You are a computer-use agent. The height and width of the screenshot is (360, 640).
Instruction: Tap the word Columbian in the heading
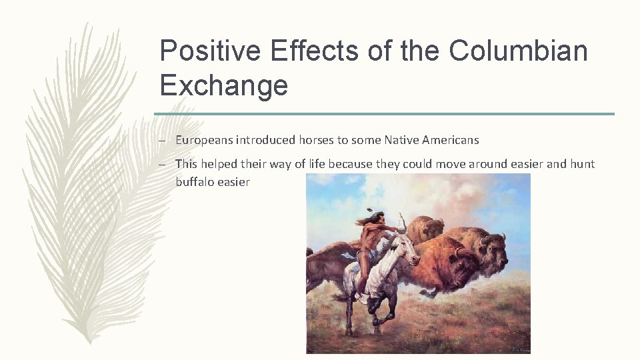point(518,51)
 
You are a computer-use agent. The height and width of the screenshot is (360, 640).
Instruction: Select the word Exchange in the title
point(224,86)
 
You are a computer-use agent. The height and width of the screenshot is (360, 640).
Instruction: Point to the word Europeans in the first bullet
point(204,140)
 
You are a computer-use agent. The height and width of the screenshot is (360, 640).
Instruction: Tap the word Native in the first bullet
point(401,140)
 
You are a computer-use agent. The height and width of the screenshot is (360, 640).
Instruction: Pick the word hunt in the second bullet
point(582,164)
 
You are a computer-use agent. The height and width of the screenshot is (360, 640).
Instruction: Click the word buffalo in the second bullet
point(195,181)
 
